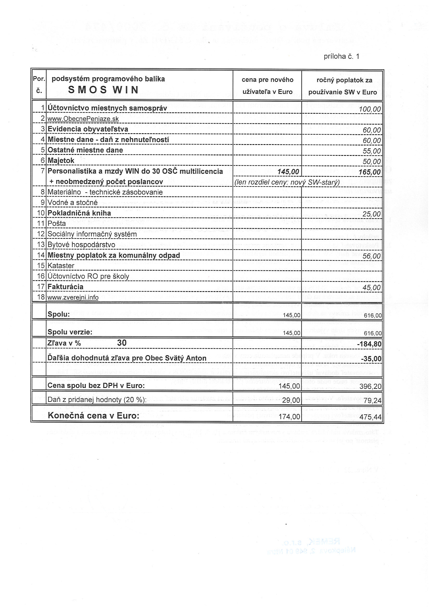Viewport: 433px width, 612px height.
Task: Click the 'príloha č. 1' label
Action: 341,56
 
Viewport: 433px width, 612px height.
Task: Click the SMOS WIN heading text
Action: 103,90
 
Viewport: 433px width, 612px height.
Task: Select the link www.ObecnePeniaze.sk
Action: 83,119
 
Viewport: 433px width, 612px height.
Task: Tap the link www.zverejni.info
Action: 73,297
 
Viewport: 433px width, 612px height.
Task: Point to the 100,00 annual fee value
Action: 370,109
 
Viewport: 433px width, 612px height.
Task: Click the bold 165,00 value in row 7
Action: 370,172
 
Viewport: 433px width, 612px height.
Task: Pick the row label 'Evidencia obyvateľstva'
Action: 88,129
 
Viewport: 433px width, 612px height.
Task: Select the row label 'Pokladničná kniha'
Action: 79,213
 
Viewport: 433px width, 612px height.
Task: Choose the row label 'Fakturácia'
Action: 65,287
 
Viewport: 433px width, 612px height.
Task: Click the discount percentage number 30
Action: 122,343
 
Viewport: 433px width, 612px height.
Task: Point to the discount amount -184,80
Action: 369,344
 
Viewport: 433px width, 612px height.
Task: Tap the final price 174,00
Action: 289,417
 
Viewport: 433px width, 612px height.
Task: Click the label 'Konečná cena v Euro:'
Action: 93,416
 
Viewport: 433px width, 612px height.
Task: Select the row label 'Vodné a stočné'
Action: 73,203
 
